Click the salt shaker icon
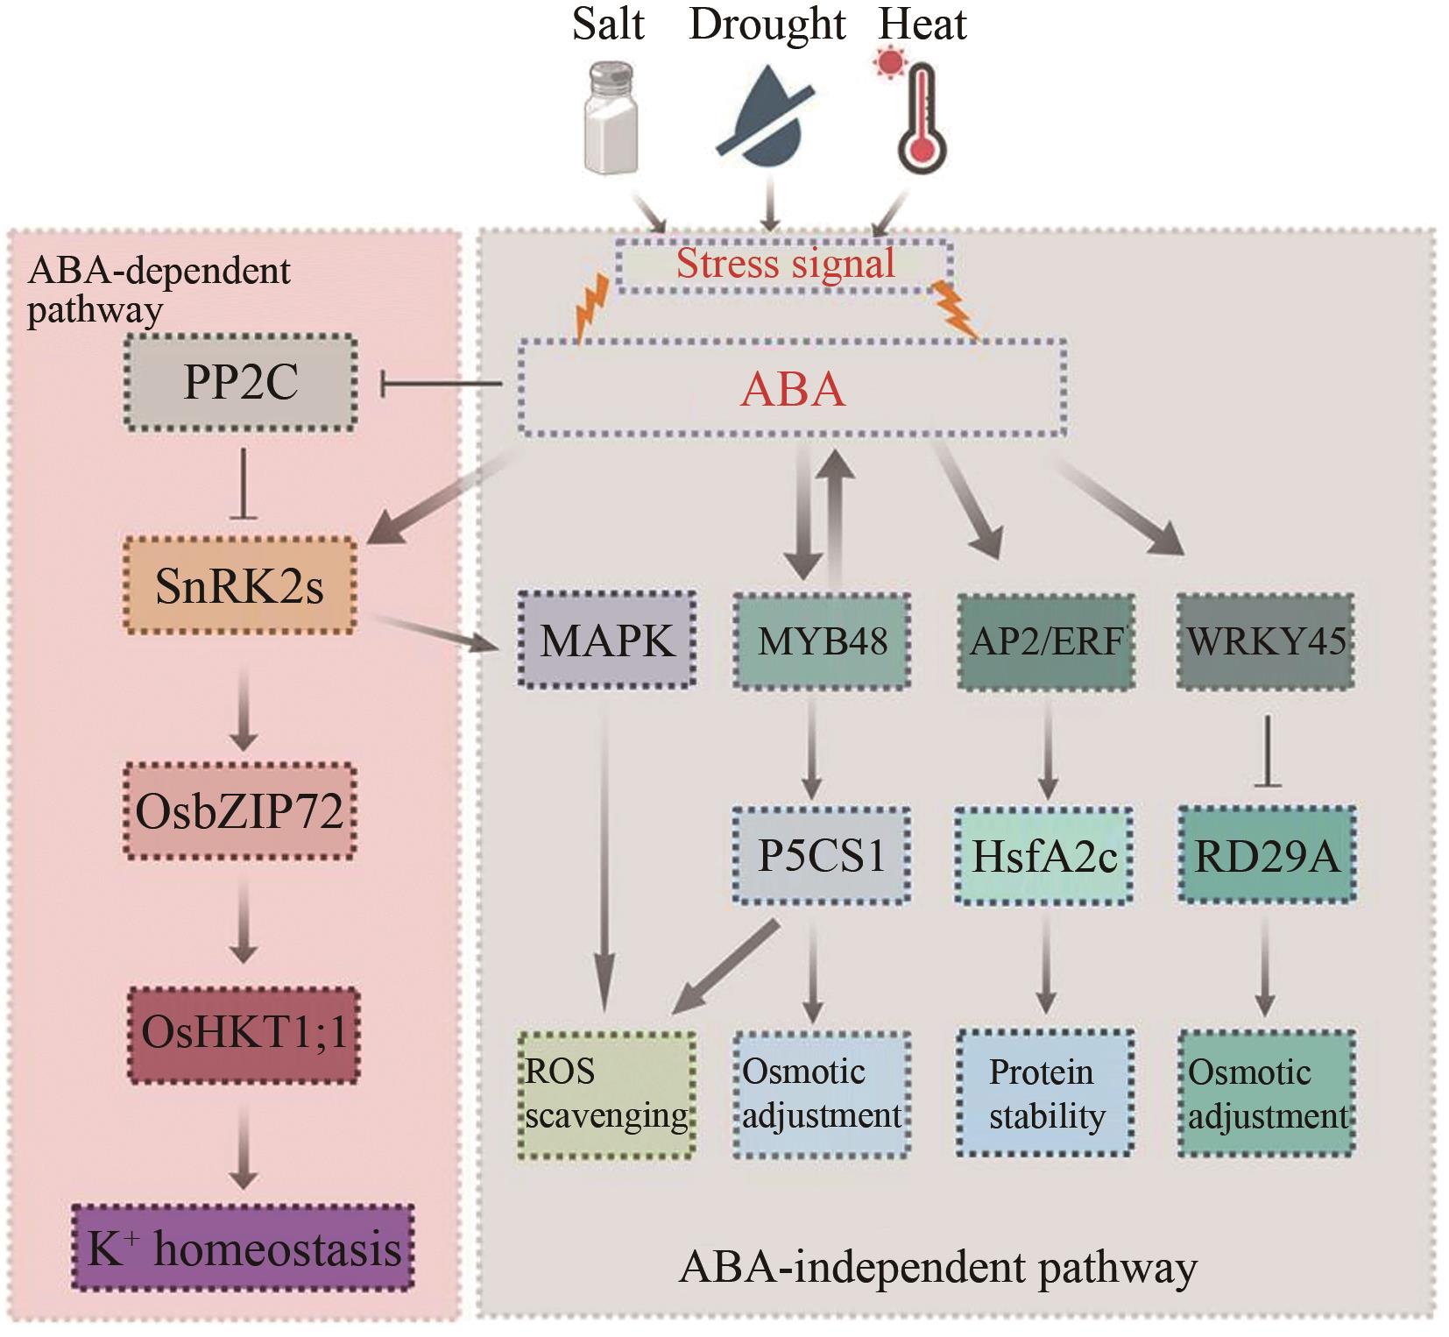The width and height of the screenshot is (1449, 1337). [x=611, y=118]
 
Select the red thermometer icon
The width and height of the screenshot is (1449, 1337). [x=919, y=114]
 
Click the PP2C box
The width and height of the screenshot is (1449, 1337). [x=239, y=382]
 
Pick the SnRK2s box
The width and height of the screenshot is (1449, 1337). [x=239, y=585]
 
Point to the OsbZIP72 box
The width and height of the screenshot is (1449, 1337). [x=239, y=810]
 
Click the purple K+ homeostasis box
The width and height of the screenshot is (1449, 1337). [x=243, y=1249]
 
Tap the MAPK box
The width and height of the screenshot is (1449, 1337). [x=607, y=640]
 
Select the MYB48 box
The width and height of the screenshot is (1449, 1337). [x=822, y=640]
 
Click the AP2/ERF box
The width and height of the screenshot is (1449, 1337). [x=1046, y=640]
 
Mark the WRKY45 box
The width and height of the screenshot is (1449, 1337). [x=1265, y=640]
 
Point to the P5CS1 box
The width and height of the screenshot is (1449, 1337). [x=822, y=855]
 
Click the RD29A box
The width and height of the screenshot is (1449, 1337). [x=1267, y=855]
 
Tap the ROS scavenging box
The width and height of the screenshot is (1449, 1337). [x=606, y=1094]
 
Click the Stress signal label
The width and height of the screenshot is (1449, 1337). [x=785, y=264]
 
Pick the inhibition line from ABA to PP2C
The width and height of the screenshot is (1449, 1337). [x=442, y=384]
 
